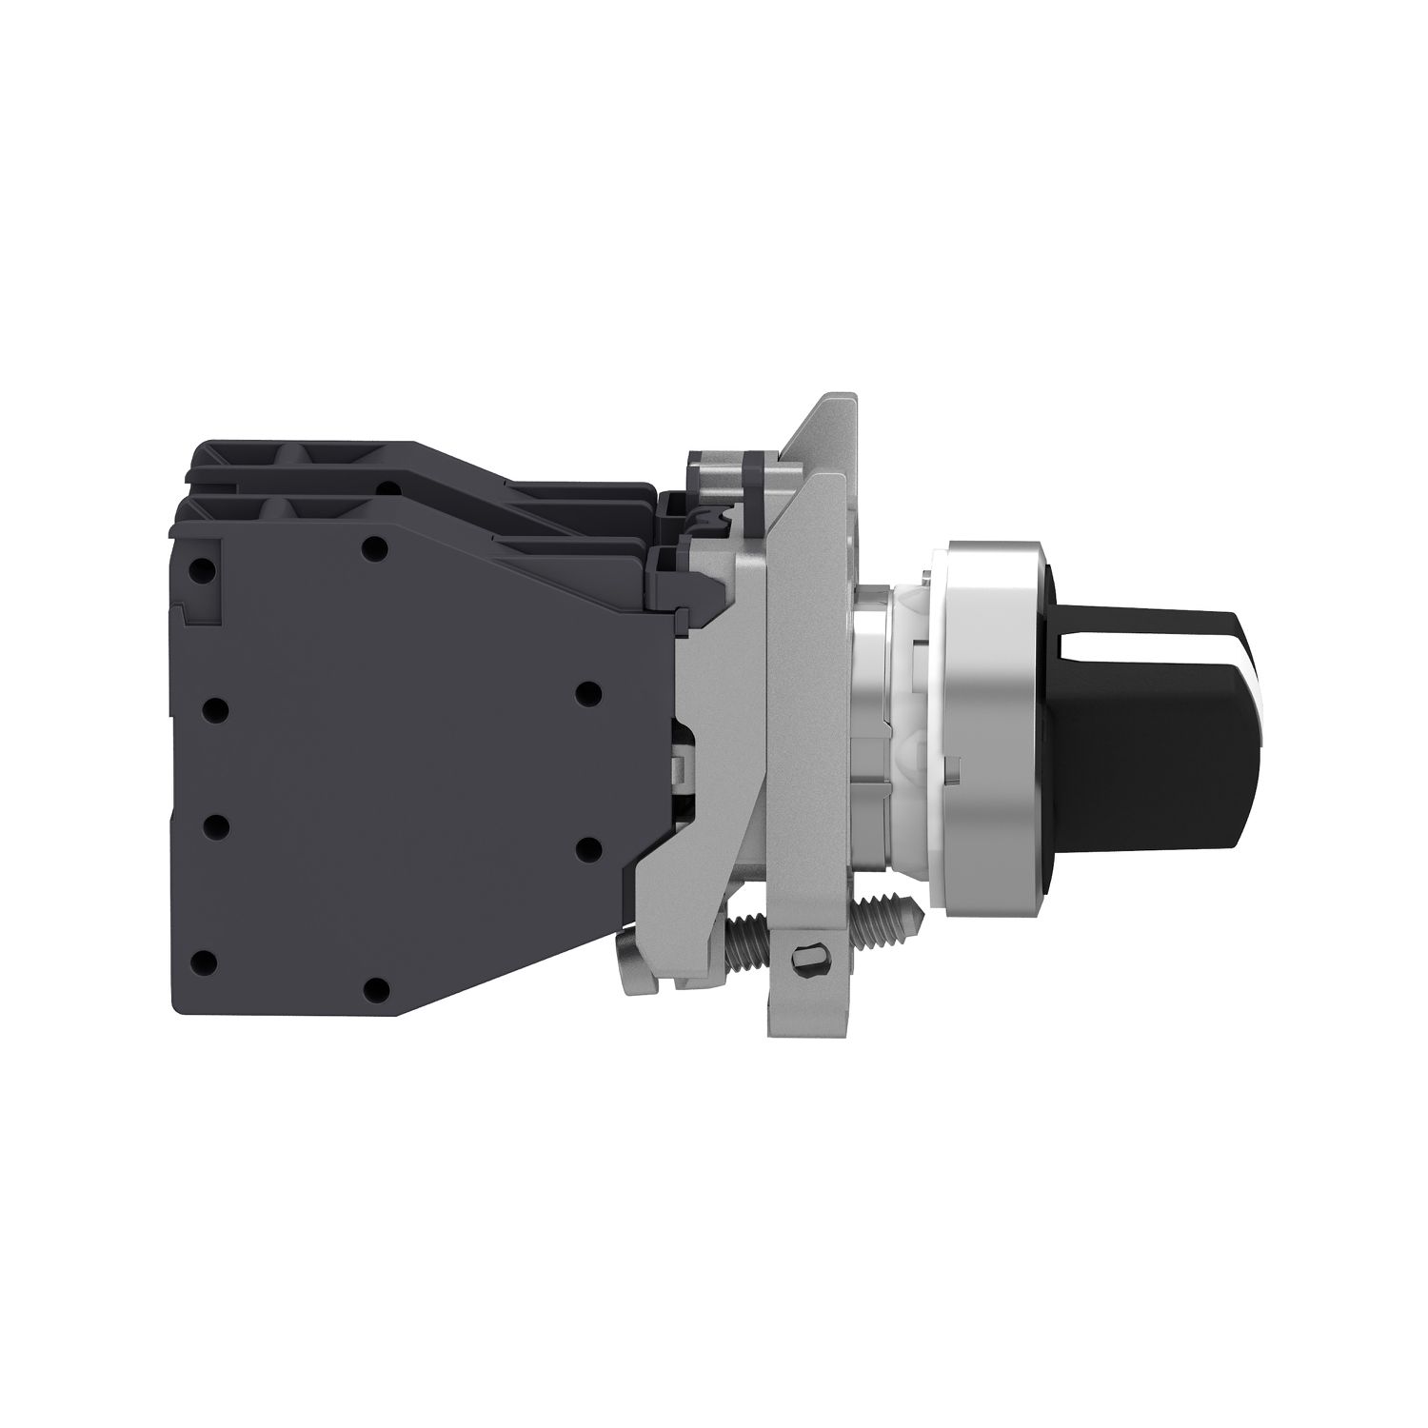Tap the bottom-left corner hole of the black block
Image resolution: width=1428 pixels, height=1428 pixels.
pyautogui.click(x=201, y=962)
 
